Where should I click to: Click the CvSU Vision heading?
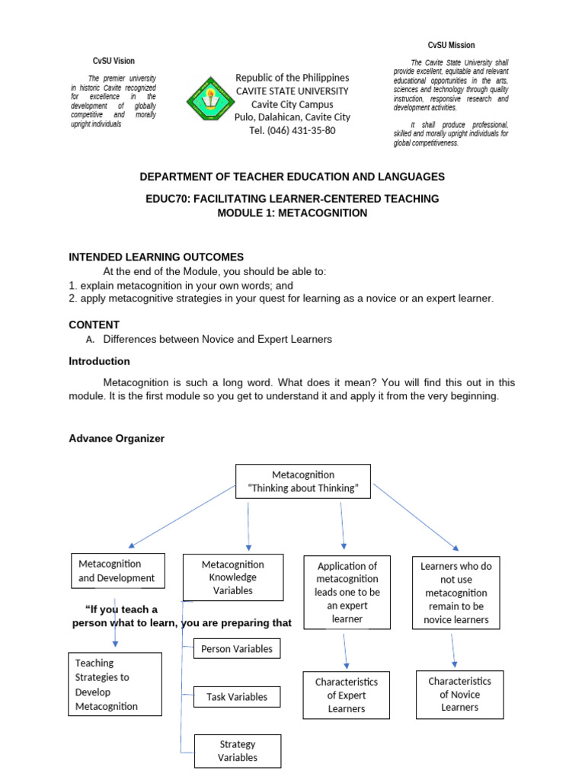113,61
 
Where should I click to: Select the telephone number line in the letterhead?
292,130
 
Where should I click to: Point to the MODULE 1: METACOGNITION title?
292,213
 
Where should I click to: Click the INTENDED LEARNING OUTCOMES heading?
156,257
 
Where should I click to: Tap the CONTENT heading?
94,324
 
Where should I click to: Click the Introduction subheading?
100,361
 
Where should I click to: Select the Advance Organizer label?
117,439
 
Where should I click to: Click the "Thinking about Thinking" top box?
303,481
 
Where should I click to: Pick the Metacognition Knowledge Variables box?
233,577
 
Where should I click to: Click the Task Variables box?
237,696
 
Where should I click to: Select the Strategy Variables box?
238,750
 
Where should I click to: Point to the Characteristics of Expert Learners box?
347,695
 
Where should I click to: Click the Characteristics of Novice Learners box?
460,694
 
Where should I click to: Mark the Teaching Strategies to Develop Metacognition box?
115,684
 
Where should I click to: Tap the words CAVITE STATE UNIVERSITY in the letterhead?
292,91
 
